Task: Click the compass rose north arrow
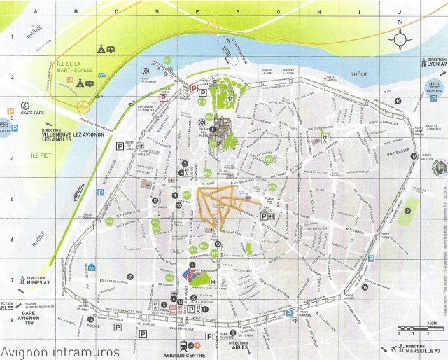pos(400,34)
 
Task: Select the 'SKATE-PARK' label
pos(32,112)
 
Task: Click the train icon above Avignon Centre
pos(184,345)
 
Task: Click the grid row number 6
pos(6,240)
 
